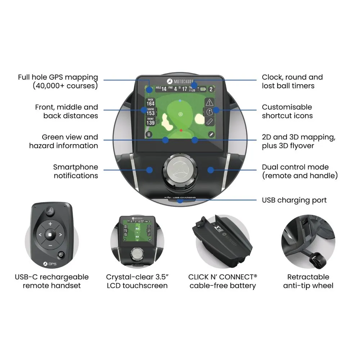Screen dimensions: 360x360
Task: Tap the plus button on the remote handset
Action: tap(50, 224)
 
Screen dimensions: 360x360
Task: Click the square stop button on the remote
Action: tap(50, 235)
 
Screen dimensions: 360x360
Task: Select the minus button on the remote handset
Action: tap(50, 246)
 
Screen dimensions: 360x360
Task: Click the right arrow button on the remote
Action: tap(61, 235)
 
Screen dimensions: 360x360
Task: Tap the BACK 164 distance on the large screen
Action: tap(150, 102)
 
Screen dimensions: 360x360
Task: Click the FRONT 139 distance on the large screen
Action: tap(150, 121)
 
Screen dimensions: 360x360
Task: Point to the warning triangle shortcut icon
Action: tap(210, 102)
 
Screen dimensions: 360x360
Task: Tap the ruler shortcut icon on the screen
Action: tap(210, 121)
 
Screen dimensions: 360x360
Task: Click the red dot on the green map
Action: tap(181, 130)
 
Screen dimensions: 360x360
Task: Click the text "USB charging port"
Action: tap(294, 200)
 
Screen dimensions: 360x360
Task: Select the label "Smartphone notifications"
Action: tap(75, 171)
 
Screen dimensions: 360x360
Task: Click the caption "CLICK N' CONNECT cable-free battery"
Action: tap(222, 281)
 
